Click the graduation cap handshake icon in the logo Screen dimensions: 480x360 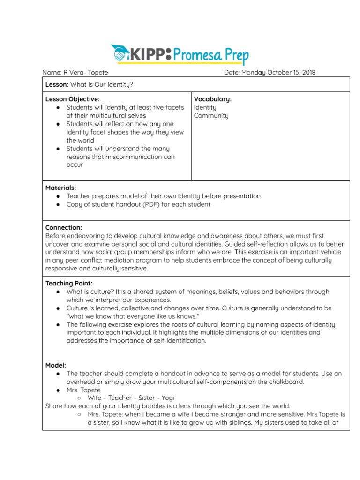pyautogui.click(x=120, y=54)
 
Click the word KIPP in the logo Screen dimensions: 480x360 pyautogui.click(x=146, y=54)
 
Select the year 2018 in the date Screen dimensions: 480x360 pyautogui.click(x=307, y=72)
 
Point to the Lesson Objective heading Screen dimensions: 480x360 pyautogui.click(x=72, y=99)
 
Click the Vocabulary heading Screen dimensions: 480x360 pyautogui.click(x=213, y=99)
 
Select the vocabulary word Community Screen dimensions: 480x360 pyautogui.click(x=211, y=115)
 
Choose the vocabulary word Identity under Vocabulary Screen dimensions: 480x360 pyautogui.click(x=205, y=107)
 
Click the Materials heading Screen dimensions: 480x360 pyautogui.click(x=60, y=187)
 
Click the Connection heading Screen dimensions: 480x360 pyautogui.click(x=63, y=227)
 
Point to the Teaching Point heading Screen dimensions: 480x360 pyautogui.click(x=69, y=283)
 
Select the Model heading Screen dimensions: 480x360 pyautogui.click(x=55, y=365)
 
